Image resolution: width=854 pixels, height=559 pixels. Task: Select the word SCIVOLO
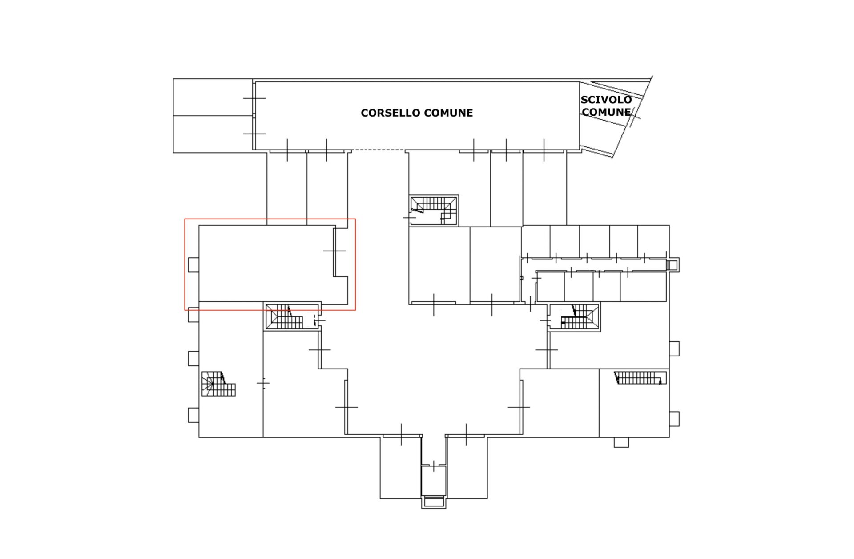coord(606,100)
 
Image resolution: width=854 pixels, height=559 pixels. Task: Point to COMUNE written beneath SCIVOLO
coord(606,112)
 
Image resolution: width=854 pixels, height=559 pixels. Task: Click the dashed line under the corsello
coord(378,150)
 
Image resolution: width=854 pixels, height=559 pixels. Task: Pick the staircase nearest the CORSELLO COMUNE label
coord(434,210)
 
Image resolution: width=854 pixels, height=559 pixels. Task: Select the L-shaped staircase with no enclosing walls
coord(218,384)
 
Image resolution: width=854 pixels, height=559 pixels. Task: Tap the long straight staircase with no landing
coord(640,378)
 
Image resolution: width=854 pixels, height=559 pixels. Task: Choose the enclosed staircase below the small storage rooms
coord(574,317)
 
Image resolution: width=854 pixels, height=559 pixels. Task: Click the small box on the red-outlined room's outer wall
coord(193,265)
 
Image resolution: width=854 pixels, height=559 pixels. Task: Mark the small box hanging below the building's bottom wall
coord(621,442)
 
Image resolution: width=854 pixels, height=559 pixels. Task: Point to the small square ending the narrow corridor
coord(673,265)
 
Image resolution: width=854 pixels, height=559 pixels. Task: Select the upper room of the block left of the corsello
coord(213,97)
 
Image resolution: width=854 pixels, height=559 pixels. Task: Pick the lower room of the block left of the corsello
coord(213,134)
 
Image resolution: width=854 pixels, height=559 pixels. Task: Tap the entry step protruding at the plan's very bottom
coord(434,502)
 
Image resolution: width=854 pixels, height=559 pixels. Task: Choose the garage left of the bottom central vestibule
coord(400,467)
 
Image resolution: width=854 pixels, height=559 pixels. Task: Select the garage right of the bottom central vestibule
coord(467,467)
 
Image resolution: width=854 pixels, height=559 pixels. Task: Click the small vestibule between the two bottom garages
coord(434,481)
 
